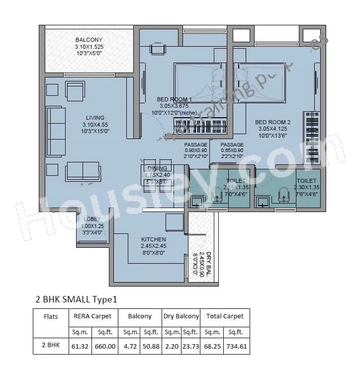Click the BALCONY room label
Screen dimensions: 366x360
click(89, 40)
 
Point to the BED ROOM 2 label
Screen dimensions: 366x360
click(272, 122)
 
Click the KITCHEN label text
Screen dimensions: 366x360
click(153, 239)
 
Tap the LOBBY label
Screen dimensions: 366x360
click(92, 219)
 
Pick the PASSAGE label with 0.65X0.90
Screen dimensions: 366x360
click(232, 145)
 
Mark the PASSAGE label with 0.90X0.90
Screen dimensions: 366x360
click(196, 145)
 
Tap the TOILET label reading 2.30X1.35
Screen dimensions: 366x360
click(306, 181)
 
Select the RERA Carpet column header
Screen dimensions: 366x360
click(92, 316)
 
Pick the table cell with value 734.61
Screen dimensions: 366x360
click(237, 346)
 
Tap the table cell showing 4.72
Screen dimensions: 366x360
click(131, 346)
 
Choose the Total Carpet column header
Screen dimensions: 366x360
click(224, 316)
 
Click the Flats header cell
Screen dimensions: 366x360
click(51, 316)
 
